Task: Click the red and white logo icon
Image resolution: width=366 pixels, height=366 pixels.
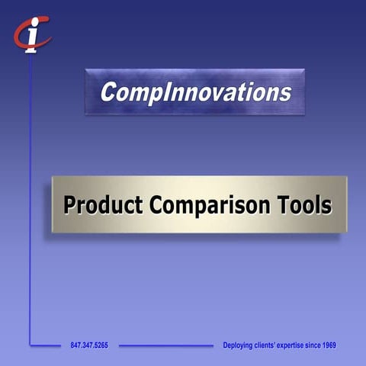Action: tap(31, 34)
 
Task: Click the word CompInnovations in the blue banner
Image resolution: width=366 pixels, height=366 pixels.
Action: tap(195, 93)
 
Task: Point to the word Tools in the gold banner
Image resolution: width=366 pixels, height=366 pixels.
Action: tap(307, 205)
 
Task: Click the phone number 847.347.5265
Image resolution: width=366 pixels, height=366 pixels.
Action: tap(89, 345)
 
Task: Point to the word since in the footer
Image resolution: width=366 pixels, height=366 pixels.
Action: tap(309, 345)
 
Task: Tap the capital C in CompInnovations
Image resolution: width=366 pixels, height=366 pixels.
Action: tap(108, 93)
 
